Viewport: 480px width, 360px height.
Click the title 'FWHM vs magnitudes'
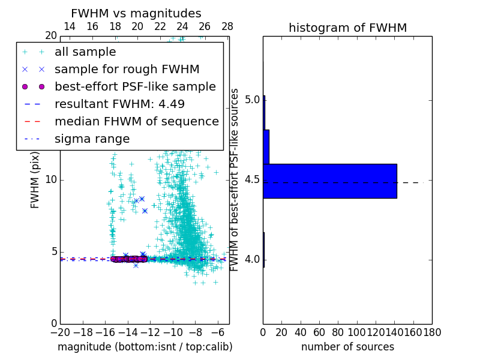click(x=136, y=13)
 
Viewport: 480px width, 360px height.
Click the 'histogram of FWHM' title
click(x=347, y=28)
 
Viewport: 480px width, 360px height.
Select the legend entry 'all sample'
click(x=85, y=52)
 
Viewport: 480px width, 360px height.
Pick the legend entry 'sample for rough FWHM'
click(x=127, y=70)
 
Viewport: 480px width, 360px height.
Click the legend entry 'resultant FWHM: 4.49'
click(x=119, y=104)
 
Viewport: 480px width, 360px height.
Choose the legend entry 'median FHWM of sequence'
click(x=136, y=122)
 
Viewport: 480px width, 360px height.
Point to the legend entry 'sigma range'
click(x=92, y=139)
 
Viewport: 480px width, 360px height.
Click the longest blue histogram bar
click(x=330, y=181)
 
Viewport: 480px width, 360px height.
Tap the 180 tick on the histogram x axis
click(x=432, y=331)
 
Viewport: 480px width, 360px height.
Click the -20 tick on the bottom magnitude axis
click(x=60, y=331)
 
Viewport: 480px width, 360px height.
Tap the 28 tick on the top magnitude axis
click(x=227, y=27)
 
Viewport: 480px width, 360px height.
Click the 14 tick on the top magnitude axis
click(x=70, y=27)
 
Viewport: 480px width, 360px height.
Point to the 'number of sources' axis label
click(x=347, y=347)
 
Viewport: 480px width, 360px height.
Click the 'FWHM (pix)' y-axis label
click(x=35, y=179)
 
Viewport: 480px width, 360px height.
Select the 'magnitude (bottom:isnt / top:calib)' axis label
click(x=145, y=347)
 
